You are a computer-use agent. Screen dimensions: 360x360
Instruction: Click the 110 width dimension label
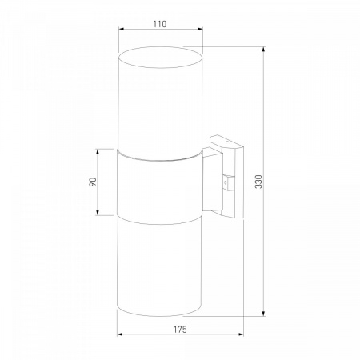160,24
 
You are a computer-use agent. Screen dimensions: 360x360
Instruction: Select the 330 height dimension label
258,182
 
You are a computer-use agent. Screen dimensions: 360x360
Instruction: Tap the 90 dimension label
93,182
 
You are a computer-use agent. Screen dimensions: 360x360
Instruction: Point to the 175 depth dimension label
180,330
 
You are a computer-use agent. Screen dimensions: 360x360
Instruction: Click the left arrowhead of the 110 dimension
121,29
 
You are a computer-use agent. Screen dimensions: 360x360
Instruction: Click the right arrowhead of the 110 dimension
201,29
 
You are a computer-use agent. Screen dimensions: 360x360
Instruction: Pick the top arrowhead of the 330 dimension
264,49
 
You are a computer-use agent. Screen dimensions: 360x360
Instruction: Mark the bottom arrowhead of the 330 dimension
264,314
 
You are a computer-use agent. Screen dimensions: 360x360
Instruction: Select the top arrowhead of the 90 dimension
98,151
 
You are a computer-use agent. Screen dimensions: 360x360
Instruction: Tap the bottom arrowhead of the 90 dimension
98,212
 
